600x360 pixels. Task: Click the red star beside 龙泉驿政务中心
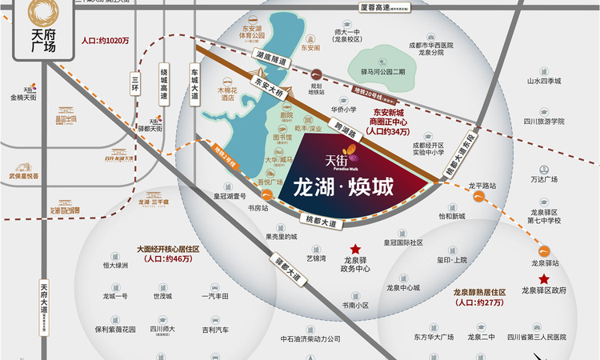(x=355, y=250)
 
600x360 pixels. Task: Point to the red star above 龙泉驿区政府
(x=544, y=278)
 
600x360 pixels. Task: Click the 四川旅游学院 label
(x=546, y=121)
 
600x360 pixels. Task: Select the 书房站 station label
(x=257, y=208)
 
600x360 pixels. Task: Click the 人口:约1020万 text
(x=105, y=39)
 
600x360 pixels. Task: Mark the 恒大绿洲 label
(x=116, y=265)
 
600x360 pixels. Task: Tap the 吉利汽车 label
(x=215, y=329)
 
